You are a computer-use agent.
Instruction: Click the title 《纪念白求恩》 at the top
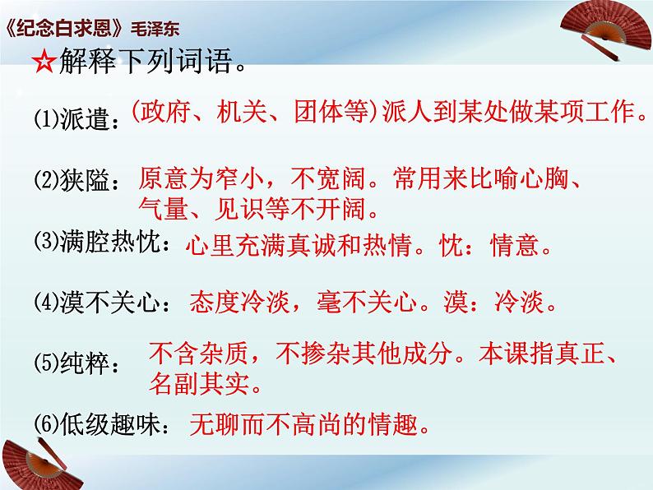click(x=65, y=24)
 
